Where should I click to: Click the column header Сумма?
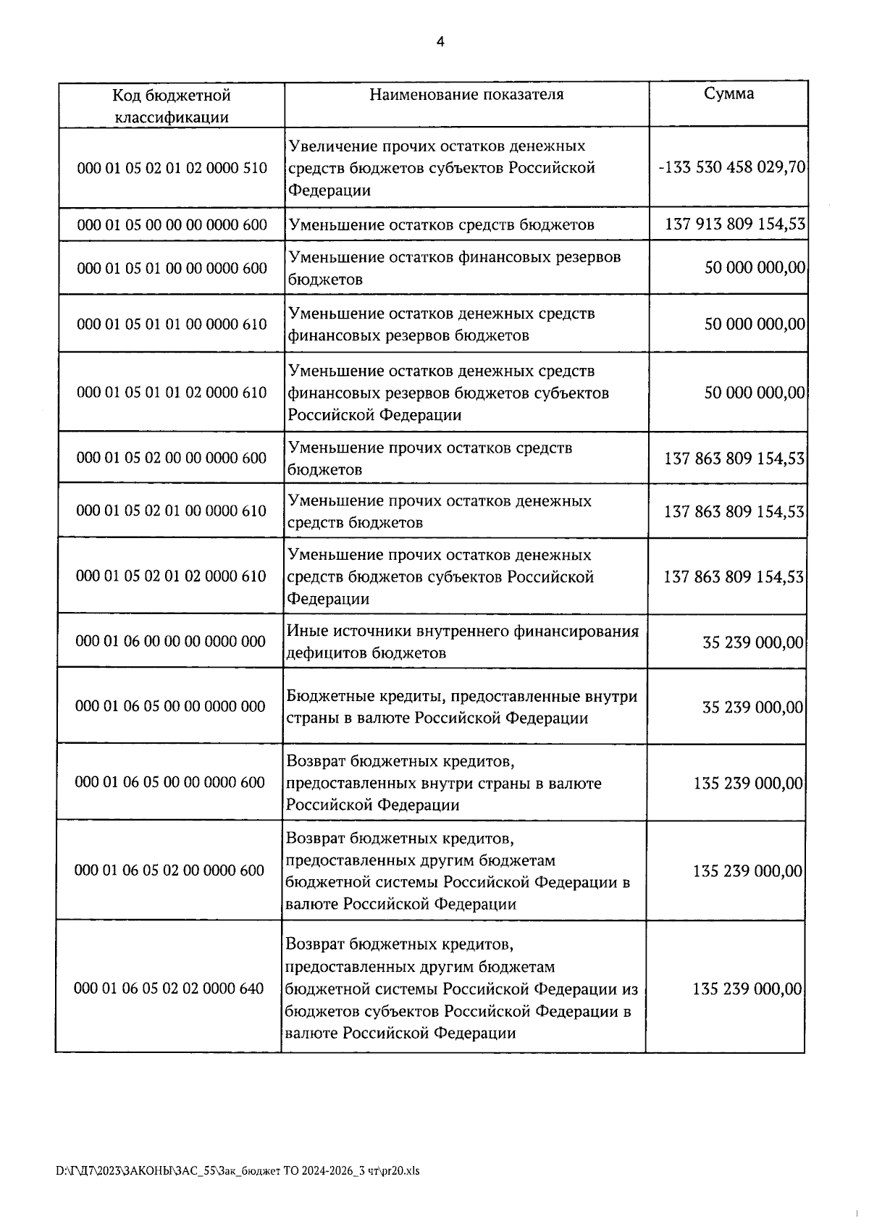coord(729,94)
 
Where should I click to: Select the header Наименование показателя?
coord(466,95)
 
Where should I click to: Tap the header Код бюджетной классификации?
coord(172,106)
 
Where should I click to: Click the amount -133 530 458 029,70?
coord(731,168)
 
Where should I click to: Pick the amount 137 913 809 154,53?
coord(735,225)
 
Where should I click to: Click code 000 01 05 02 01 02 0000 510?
coord(172,168)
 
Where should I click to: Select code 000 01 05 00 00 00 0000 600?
coord(172,225)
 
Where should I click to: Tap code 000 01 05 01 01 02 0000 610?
coord(172,393)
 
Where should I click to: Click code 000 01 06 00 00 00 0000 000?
coord(171,641)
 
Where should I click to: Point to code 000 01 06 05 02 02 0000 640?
coord(169,988)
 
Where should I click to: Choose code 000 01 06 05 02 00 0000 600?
coord(169,870)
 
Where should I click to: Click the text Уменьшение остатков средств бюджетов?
coord(441,225)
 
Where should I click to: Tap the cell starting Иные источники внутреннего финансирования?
coord(463,642)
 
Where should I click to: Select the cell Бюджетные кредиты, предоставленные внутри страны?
coord(462,707)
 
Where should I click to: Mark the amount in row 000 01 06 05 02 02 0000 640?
coord(747,989)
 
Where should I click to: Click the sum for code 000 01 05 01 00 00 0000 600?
coord(755,268)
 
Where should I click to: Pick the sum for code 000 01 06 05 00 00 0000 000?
coord(752,708)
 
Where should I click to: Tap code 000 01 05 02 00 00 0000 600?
coord(172,458)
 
